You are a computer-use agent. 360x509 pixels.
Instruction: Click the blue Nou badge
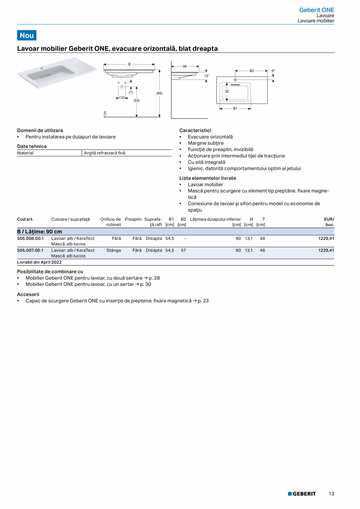27,35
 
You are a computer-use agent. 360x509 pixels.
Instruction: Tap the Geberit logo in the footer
302,494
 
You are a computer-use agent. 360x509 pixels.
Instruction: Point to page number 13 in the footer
331,494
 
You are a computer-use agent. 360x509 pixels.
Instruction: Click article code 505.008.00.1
31,238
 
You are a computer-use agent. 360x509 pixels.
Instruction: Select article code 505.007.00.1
31,250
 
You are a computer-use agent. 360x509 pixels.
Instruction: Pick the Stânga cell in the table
113,250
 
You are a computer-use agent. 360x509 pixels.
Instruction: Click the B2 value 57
183,250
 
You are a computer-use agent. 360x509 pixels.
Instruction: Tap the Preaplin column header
133,219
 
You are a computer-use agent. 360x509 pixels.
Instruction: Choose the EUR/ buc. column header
329,222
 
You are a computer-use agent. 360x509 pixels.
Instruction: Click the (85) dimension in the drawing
159,93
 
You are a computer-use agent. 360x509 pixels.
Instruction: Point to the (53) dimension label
136,101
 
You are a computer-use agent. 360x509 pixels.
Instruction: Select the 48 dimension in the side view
185,67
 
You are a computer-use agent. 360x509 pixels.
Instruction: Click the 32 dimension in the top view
227,91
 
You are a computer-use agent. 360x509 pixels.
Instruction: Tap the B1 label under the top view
235,109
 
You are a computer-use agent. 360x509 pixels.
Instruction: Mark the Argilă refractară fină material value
105,153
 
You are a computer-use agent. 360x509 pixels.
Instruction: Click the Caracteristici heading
195,130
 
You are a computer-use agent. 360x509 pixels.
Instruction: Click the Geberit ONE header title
317,10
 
